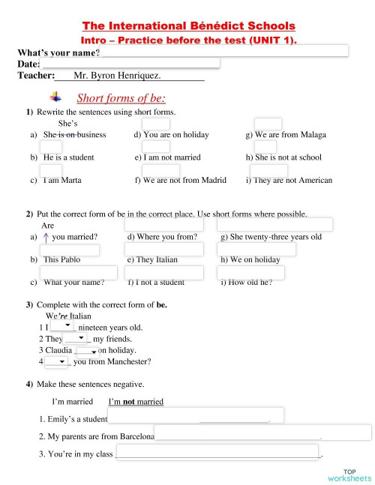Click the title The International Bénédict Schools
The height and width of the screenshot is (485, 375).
point(188,26)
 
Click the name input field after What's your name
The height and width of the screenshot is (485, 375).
point(224,51)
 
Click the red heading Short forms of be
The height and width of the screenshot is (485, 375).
point(121,98)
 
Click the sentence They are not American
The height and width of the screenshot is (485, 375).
point(289,180)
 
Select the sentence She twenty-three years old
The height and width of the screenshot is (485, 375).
point(271,237)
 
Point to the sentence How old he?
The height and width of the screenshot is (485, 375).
point(246,283)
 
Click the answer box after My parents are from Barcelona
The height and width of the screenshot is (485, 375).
point(262,433)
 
